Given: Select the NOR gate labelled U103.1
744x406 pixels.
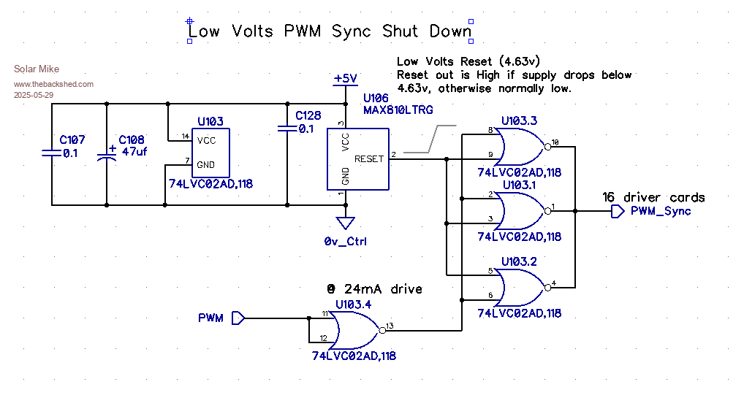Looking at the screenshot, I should [x=520, y=210].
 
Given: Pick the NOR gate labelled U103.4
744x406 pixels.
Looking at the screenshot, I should [x=354, y=329].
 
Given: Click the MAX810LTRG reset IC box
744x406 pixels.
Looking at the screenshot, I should [x=357, y=159].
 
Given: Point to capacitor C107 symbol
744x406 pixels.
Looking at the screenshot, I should [x=51, y=153].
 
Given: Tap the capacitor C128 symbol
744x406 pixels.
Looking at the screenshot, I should [x=286, y=129].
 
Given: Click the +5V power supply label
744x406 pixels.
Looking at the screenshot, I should [x=345, y=78].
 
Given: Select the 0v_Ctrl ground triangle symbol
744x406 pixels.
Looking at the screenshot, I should [x=345, y=223].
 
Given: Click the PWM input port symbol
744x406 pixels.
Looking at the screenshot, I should [x=238, y=318].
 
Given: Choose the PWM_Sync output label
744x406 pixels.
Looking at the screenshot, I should [x=661, y=211].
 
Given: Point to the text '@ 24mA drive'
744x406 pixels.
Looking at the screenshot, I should [x=375, y=289].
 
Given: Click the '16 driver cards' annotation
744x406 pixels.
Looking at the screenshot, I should [x=653, y=197].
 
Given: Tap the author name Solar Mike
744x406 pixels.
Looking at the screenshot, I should [x=37, y=69].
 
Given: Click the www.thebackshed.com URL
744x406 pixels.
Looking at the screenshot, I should [x=54, y=84].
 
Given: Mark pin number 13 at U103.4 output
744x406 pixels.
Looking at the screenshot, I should [x=390, y=326].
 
